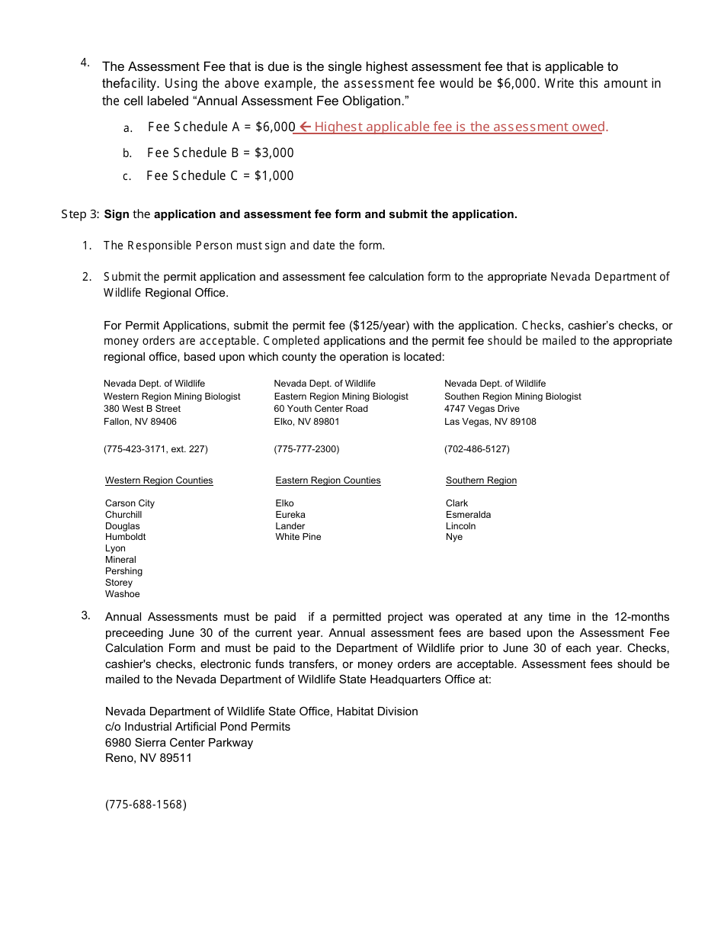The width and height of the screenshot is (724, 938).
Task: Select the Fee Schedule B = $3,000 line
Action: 220,153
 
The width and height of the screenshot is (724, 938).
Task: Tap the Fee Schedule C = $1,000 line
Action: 219,175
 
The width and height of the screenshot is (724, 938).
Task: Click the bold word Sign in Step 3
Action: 117,214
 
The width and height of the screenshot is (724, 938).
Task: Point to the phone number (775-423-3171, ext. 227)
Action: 155,449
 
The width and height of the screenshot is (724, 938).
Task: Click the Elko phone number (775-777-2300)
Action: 306,449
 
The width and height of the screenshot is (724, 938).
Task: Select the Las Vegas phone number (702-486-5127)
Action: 477,449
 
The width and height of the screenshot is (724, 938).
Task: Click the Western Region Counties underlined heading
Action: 159,480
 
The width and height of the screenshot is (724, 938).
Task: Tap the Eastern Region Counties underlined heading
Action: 328,480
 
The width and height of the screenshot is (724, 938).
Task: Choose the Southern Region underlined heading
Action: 481,480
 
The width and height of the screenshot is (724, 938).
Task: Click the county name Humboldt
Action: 125,537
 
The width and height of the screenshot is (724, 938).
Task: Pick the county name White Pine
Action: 298,537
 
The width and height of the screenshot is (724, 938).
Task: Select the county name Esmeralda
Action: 468,515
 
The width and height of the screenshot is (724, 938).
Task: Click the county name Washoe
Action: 122,594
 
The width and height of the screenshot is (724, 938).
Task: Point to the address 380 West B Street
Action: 142,409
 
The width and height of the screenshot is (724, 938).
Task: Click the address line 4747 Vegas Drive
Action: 482,409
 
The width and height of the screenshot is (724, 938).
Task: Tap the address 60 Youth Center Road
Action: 321,409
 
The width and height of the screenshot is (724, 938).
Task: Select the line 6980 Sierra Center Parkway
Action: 179,743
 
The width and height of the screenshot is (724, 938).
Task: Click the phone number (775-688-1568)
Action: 146,805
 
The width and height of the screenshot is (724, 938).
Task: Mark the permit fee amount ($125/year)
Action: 380,326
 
